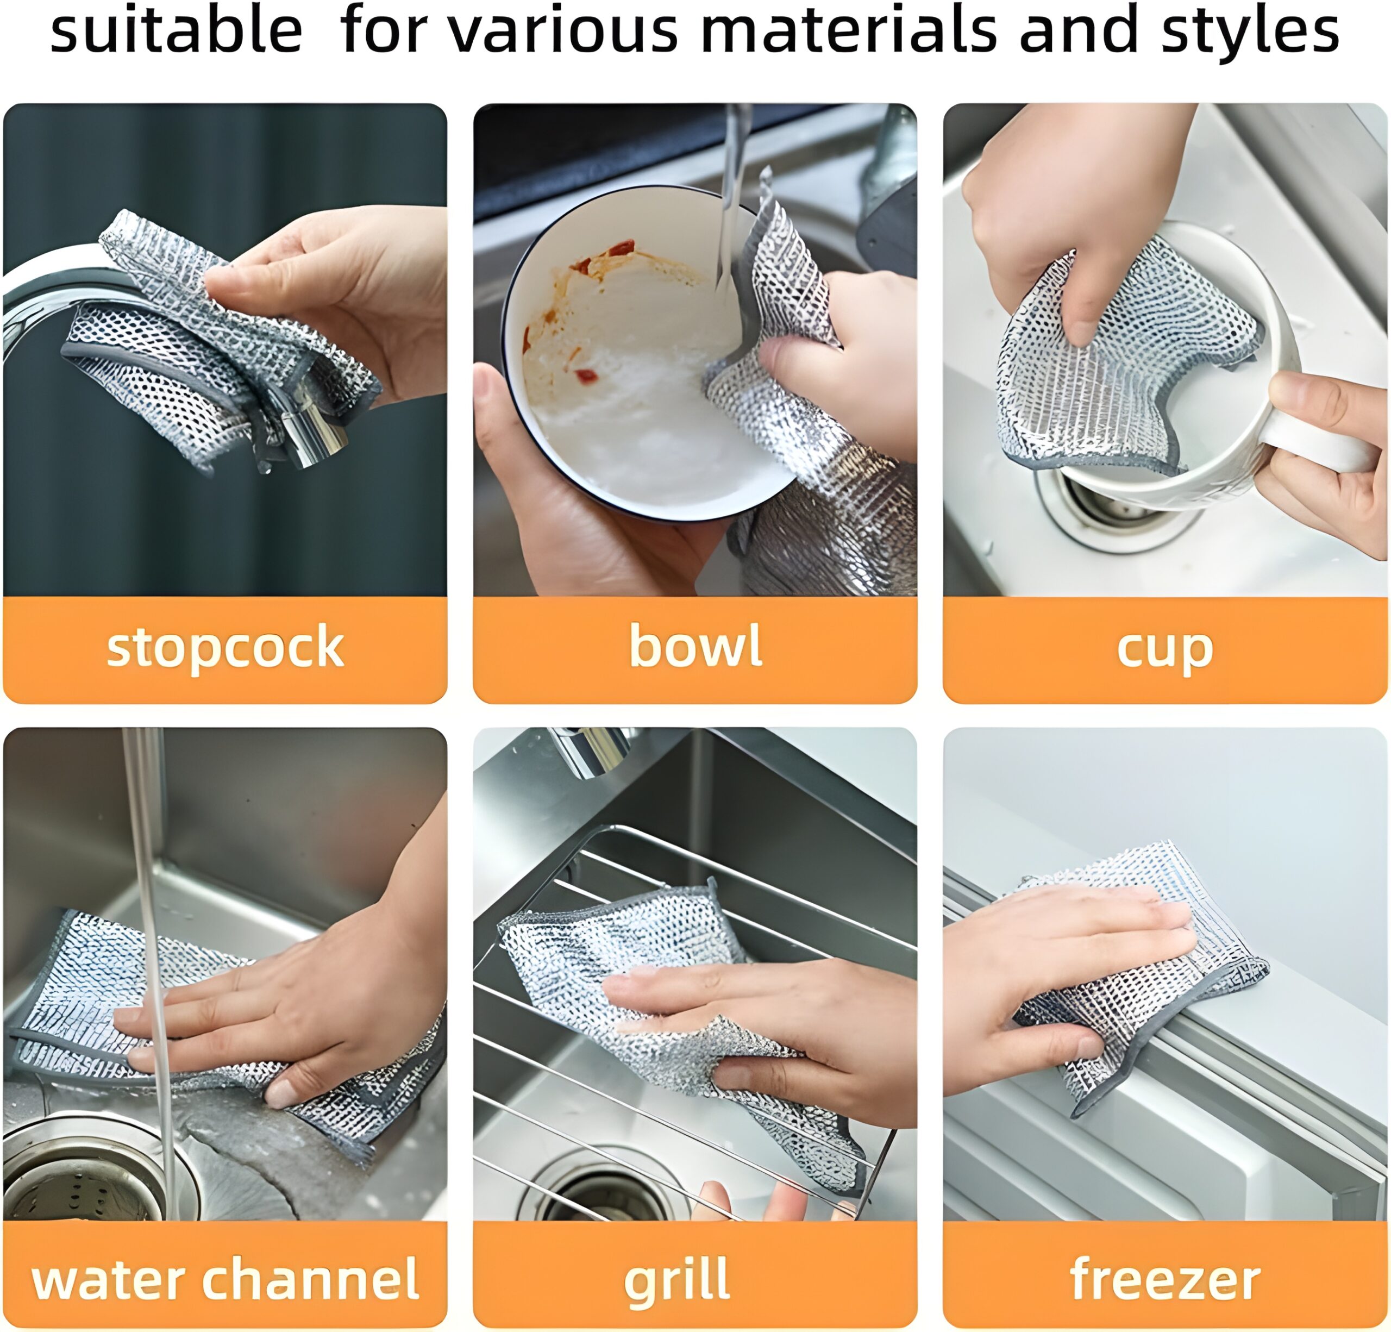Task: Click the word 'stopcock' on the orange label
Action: (225, 647)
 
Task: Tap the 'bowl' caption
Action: (695, 645)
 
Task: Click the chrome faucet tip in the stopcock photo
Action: (312, 436)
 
